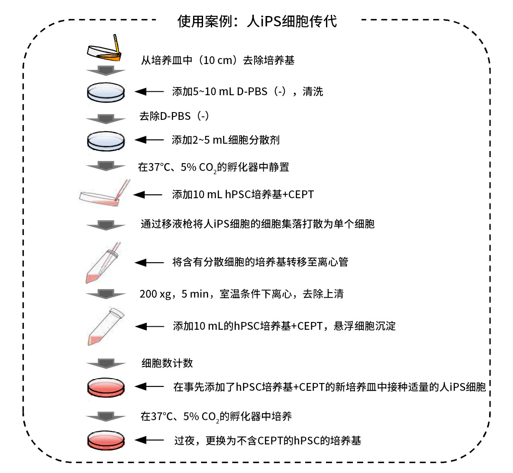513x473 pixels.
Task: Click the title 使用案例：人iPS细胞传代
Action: click(x=257, y=21)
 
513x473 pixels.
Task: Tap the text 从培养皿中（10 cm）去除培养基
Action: click(x=218, y=60)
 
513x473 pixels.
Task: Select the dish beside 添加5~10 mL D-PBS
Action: click(x=106, y=92)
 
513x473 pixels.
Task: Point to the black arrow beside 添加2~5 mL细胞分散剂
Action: click(x=149, y=140)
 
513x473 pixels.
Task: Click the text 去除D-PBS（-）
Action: click(x=174, y=116)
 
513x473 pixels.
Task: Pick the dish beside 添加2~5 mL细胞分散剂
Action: click(x=106, y=141)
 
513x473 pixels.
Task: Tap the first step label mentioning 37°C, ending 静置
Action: click(x=213, y=167)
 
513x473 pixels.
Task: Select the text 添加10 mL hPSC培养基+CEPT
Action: click(x=243, y=195)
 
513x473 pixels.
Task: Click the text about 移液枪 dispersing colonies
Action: click(x=258, y=224)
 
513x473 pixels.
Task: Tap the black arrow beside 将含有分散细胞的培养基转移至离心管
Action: click(x=149, y=262)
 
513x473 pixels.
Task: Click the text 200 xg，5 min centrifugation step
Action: click(x=242, y=294)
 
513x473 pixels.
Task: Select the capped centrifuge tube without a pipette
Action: click(x=105, y=326)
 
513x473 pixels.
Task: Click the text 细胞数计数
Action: click(x=167, y=363)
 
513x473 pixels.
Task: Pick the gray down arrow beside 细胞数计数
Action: click(x=106, y=364)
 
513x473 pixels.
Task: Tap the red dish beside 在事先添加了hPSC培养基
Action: click(x=106, y=388)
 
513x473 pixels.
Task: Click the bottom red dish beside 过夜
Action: click(x=106, y=440)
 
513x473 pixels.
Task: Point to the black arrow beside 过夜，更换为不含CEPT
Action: click(x=149, y=440)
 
